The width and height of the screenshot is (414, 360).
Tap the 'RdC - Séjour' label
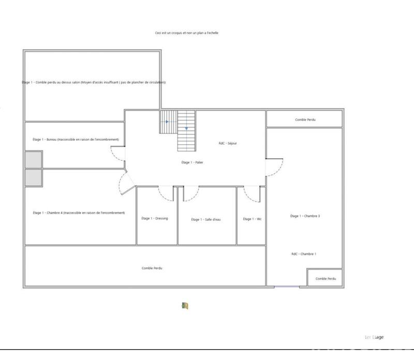tap(228, 143)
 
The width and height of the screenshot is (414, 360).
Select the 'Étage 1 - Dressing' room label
tap(155, 218)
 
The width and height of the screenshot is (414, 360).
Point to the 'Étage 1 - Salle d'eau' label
tap(206, 219)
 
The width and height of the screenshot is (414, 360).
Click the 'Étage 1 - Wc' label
tap(252, 219)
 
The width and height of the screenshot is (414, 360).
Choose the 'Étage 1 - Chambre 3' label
tap(305, 216)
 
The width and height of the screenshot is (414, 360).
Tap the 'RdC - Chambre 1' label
tap(304, 253)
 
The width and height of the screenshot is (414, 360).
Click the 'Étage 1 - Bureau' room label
tap(76, 140)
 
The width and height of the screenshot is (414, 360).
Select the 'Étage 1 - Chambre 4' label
tap(79, 213)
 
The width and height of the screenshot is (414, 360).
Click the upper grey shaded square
tap(34, 159)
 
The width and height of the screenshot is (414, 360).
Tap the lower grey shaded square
tap(34, 178)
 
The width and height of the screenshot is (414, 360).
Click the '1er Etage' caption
tap(374, 337)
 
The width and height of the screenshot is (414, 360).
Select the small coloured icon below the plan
tap(185, 306)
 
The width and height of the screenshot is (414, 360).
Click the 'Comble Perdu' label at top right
tap(305, 119)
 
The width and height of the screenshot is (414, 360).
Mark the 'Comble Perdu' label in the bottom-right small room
tap(326, 278)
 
